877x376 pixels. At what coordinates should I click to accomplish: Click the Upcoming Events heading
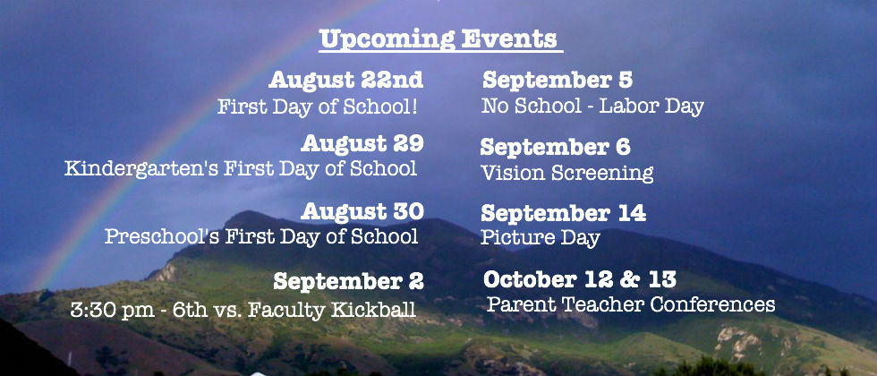coord(439,40)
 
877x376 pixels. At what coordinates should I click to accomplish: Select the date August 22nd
coord(345,81)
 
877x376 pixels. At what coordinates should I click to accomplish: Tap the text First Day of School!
coord(318,107)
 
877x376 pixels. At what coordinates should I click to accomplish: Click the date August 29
coord(362,144)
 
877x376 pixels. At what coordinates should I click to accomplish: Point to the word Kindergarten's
coord(141,168)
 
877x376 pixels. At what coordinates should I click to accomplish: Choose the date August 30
coord(362,211)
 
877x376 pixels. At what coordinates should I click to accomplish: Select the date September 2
coord(348,281)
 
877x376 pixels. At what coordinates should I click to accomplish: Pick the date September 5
coord(557,80)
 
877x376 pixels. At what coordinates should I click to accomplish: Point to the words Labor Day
coord(651,106)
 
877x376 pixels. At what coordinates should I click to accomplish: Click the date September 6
coord(556,147)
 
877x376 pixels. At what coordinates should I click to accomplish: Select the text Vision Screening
coord(567,173)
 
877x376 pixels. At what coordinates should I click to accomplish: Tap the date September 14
coord(563,214)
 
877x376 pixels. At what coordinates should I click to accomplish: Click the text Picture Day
coord(541,237)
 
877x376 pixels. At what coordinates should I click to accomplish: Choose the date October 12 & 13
coord(580,279)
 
